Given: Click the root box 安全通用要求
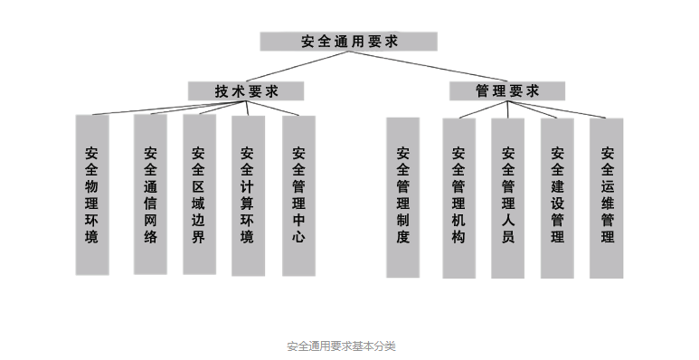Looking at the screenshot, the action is [x=348, y=42].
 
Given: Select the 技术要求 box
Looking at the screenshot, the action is [x=246, y=90].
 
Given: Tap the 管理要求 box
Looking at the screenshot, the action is [x=506, y=90].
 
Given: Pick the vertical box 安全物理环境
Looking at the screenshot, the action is [x=92, y=194].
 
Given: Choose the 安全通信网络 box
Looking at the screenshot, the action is [x=150, y=194].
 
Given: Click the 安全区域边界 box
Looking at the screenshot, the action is [x=199, y=194].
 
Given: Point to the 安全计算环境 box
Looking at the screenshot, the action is [x=248, y=194].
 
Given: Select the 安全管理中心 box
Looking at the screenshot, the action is [x=298, y=194].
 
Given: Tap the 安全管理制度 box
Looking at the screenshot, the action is [x=402, y=194].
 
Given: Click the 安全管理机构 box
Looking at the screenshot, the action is [x=458, y=194].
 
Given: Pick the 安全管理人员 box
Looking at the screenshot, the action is [x=507, y=194].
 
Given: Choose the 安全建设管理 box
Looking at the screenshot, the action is [x=557, y=194].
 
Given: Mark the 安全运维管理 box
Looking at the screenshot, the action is [x=607, y=194].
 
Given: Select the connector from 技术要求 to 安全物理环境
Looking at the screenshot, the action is [x=145, y=108].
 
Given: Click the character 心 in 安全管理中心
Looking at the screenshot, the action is [x=298, y=238].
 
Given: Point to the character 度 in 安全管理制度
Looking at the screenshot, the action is [x=402, y=238].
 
